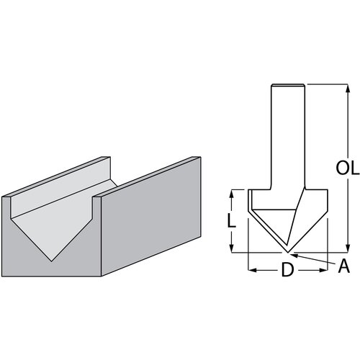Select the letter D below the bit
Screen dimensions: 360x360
(x=287, y=271)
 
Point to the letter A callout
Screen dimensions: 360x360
(x=344, y=266)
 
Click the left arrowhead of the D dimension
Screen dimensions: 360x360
(x=252, y=271)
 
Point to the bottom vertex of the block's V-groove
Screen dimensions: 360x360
(x=53, y=261)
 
